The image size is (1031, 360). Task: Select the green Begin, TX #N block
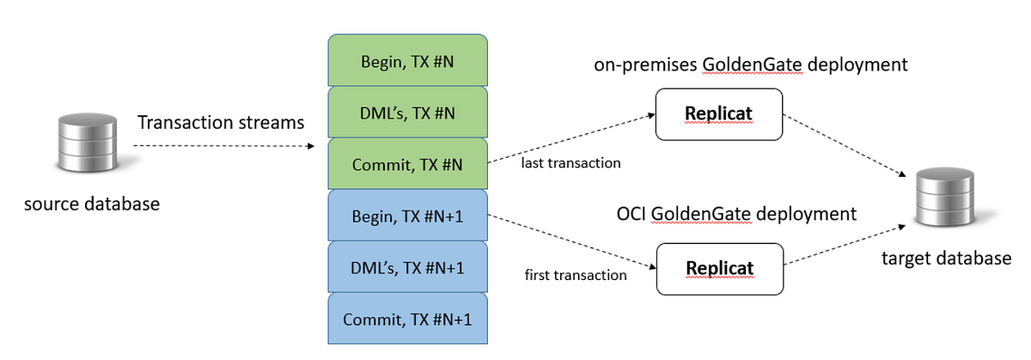click(x=408, y=60)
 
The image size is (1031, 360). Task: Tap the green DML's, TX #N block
click(x=408, y=112)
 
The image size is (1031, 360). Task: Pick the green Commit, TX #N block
click(x=408, y=164)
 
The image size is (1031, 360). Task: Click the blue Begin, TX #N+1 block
click(x=408, y=216)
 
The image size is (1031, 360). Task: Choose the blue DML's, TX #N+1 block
click(x=408, y=267)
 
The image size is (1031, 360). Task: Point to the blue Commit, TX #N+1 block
click(x=408, y=320)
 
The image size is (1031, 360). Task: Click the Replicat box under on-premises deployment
click(x=719, y=113)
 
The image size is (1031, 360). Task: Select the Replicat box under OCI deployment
click(x=719, y=268)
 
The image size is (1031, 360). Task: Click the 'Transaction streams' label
click(x=221, y=123)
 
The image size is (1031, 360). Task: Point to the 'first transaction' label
click(x=575, y=275)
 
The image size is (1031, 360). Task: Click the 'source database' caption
click(x=92, y=204)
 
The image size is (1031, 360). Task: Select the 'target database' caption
click(x=946, y=258)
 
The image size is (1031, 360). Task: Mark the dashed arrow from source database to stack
click(x=223, y=146)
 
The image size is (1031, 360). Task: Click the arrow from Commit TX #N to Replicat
click(x=571, y=137)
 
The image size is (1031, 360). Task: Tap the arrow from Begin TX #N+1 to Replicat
click(x=571, y=241)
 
